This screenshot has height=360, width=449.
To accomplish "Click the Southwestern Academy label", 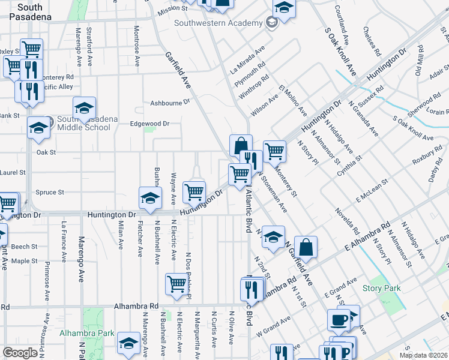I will [x=218, y=23].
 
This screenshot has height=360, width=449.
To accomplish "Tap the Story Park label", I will [x=381, y=289].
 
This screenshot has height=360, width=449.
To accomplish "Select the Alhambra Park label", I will [x=87, y=333].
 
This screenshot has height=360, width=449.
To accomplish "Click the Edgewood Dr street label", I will [x=150, y=124].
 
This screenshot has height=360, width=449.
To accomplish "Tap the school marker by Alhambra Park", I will [x=128, y=343].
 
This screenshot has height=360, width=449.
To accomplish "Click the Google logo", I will [x=20, y=353].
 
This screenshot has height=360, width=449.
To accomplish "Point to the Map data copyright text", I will [x=423, y=355].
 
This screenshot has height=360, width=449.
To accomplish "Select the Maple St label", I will [x=25, y=261].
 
